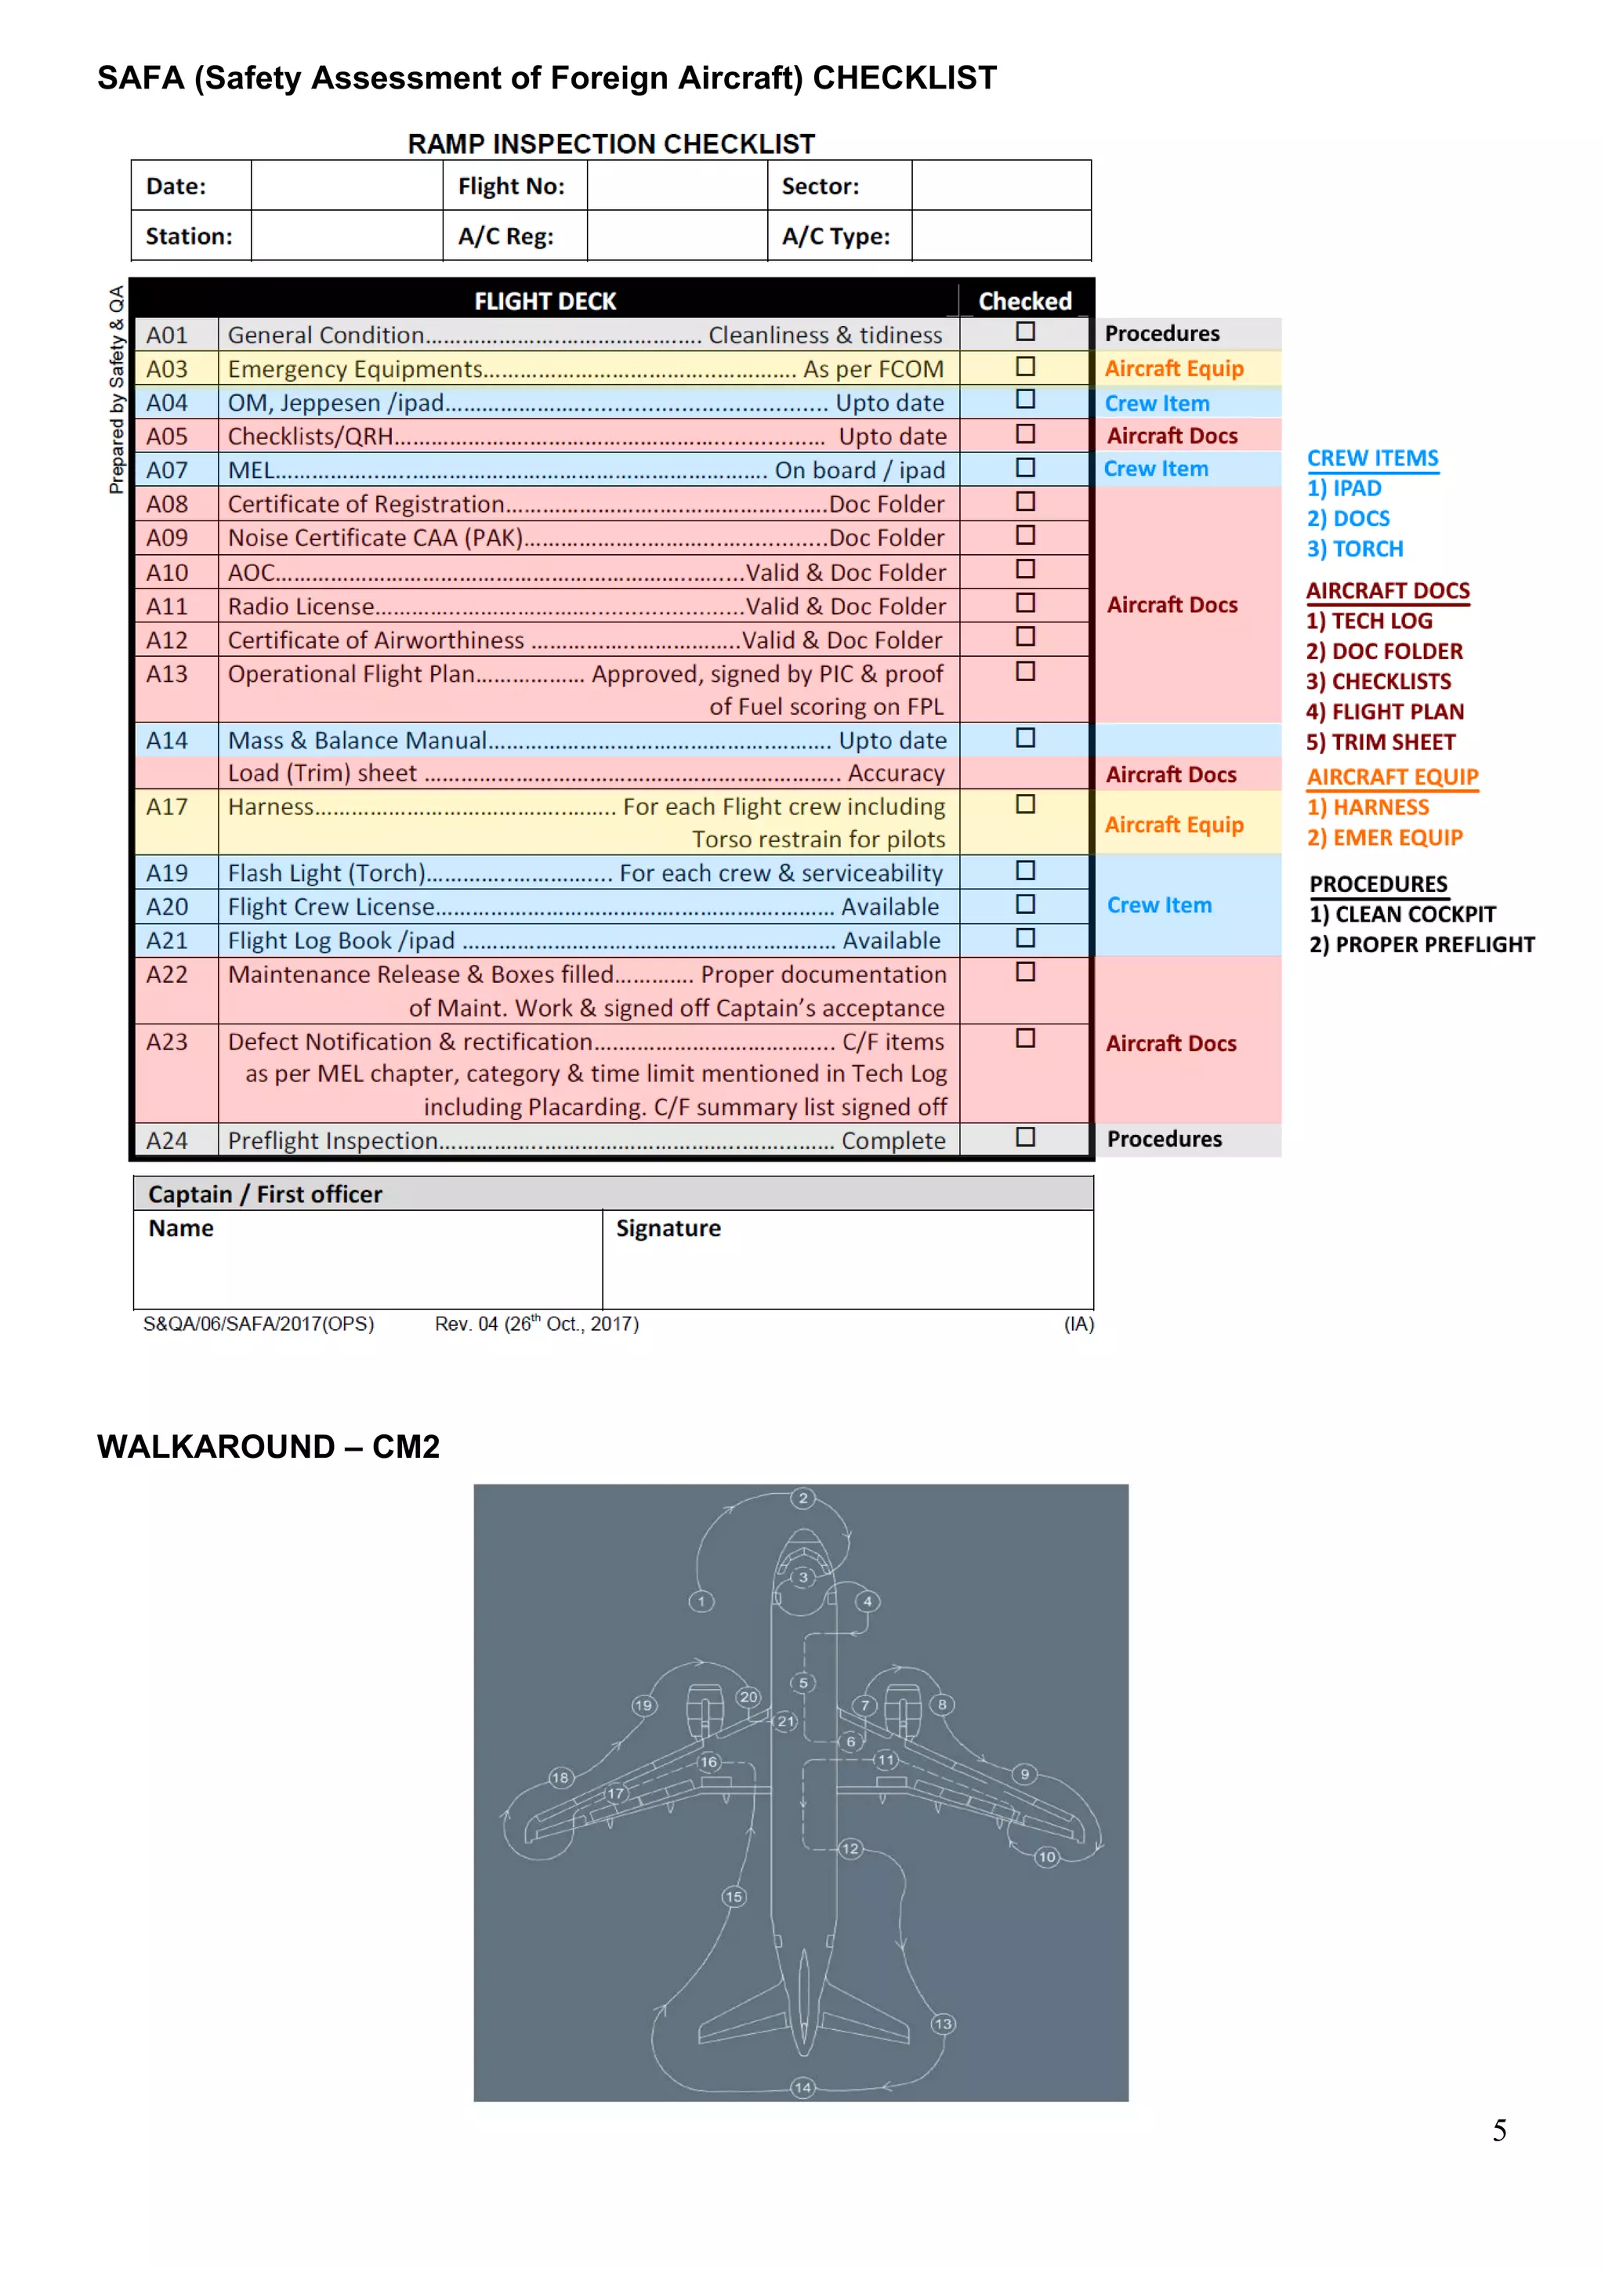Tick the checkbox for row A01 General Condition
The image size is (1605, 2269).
click(x=1026, y=332)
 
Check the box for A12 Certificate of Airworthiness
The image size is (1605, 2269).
click(x=1026, y=637)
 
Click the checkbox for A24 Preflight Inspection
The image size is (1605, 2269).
click(x=1026, y=1137)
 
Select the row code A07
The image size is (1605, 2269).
click(x=167, y=470)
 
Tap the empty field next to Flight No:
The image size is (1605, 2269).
click(x=677, y=186)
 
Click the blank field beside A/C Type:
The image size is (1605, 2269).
click(x=1000, y=236)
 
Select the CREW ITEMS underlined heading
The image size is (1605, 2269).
click(x=1373, y=459)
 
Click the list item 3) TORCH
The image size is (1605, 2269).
click(x=1355, y=549)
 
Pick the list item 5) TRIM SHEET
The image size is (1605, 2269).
click(x=1381, y=742)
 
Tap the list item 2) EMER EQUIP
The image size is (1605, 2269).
click(x=1385, y=838)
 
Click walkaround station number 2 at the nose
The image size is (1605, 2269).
click(x=803, y=1499)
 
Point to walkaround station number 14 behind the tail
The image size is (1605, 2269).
click(x=802, y=2087)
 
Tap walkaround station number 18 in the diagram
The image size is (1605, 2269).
click(x=560, y=1777)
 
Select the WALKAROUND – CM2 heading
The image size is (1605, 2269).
click(x=268, y=1447)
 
